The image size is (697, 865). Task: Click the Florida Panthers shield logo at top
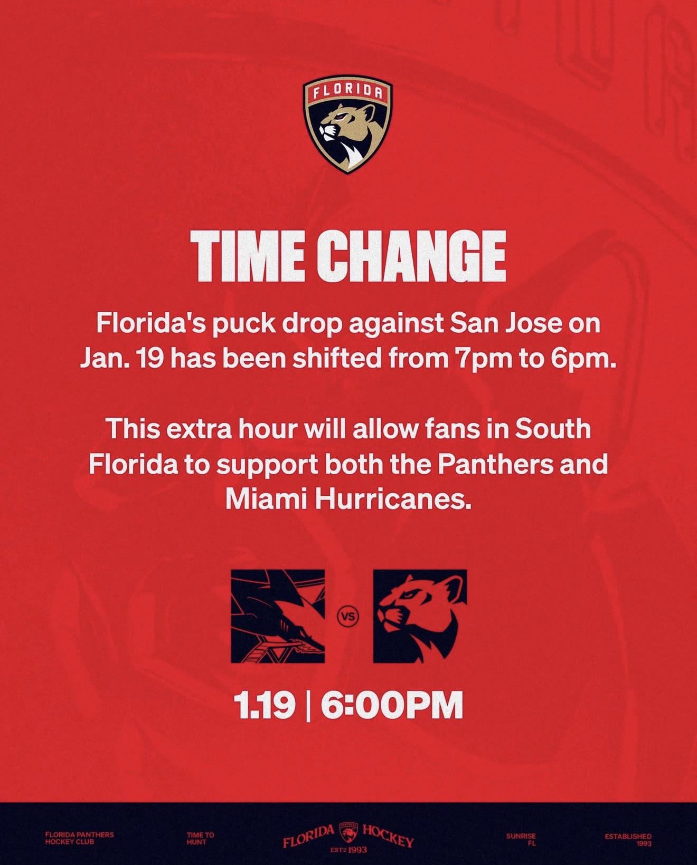coord(347,124)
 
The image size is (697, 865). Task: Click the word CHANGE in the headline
coord(411,256)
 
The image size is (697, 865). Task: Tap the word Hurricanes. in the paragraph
coord(393,499)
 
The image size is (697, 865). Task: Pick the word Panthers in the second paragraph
coord(496,464)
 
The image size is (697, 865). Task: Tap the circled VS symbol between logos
coord(348,617)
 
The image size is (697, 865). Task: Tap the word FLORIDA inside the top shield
coord(347,92)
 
